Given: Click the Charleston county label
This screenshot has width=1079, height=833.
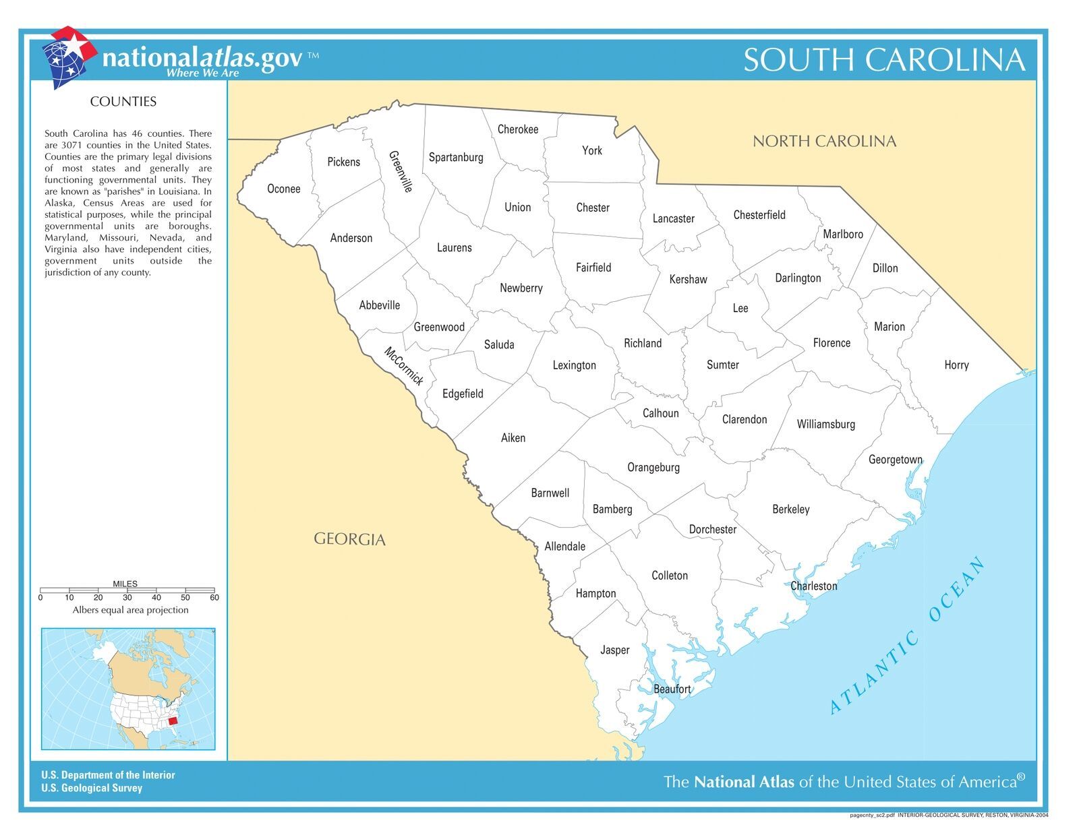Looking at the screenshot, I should [813, 586].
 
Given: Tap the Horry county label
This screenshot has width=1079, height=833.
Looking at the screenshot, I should [956, 365].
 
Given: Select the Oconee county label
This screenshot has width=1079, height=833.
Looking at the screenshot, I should [283, 189].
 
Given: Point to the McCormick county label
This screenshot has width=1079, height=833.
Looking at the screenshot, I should [404, 366].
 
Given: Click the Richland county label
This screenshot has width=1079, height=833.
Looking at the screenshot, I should [642, 343].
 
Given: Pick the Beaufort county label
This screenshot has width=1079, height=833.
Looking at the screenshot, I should [672, 689].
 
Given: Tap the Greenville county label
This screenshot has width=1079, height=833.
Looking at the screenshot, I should [401, 171].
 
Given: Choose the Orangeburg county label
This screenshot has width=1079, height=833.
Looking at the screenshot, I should [653, 467].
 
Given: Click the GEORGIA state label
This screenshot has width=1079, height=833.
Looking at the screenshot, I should [349, 539].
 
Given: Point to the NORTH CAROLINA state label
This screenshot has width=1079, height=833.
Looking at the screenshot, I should [824, 141].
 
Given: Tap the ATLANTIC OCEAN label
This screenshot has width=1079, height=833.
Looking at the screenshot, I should [907, 636].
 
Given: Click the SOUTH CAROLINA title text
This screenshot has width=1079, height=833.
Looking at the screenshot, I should [884, 59].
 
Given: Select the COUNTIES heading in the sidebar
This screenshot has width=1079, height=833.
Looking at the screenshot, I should [123, 102].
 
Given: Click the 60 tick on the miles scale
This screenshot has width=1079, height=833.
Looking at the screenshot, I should [214, 597].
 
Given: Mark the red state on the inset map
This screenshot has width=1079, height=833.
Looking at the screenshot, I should [173, 720].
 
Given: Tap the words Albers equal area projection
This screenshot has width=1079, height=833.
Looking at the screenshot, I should [130, 610].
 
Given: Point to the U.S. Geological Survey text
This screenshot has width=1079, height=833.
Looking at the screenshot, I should [92, 788].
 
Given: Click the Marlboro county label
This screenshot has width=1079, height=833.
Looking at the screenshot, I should [842, 234].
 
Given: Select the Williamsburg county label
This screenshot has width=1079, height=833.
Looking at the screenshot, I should [825, 424].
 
